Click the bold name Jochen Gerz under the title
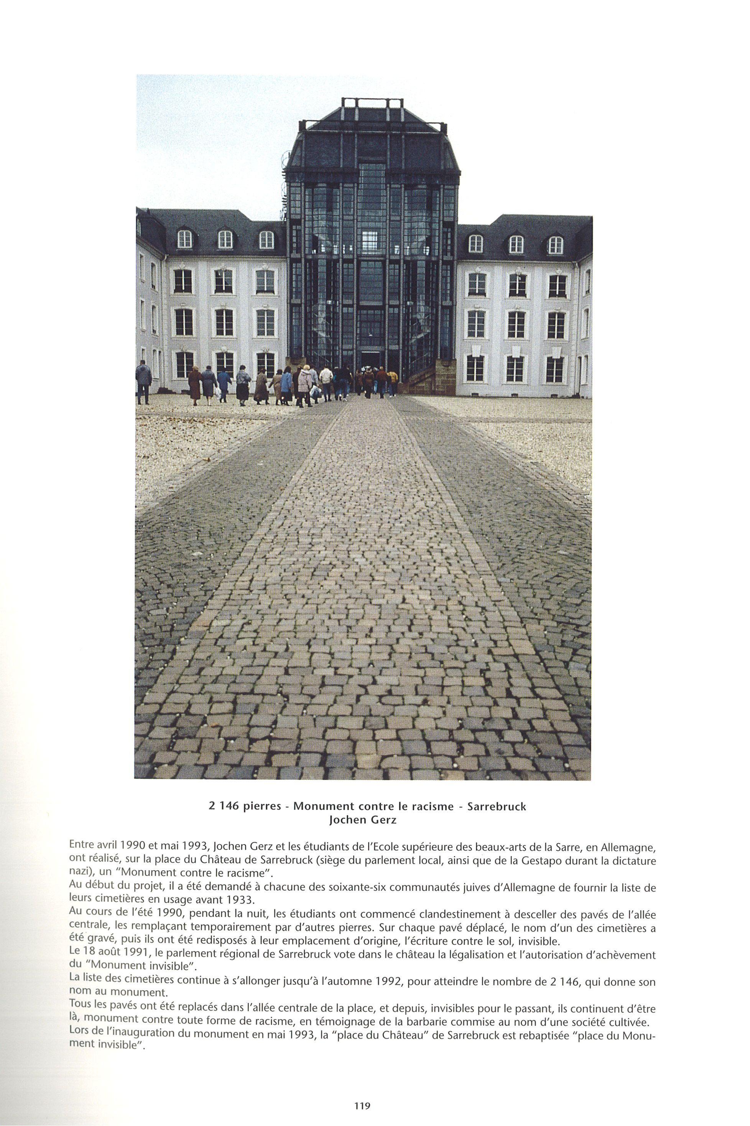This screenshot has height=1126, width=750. coord(363,820)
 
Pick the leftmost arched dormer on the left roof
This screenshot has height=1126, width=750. coord(184,239)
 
